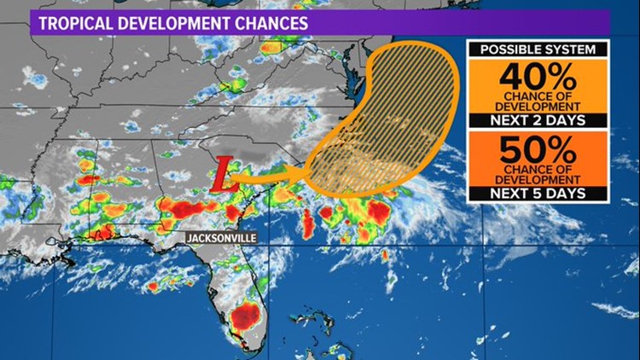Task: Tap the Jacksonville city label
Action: point(222,237)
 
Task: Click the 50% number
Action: point(538,152)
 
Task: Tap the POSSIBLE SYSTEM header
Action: point(538,49)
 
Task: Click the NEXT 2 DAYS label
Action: point(538,121)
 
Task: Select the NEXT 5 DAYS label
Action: point(538,195)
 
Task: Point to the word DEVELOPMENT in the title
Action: point(177,23)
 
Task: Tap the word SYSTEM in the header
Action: point(571,49)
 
